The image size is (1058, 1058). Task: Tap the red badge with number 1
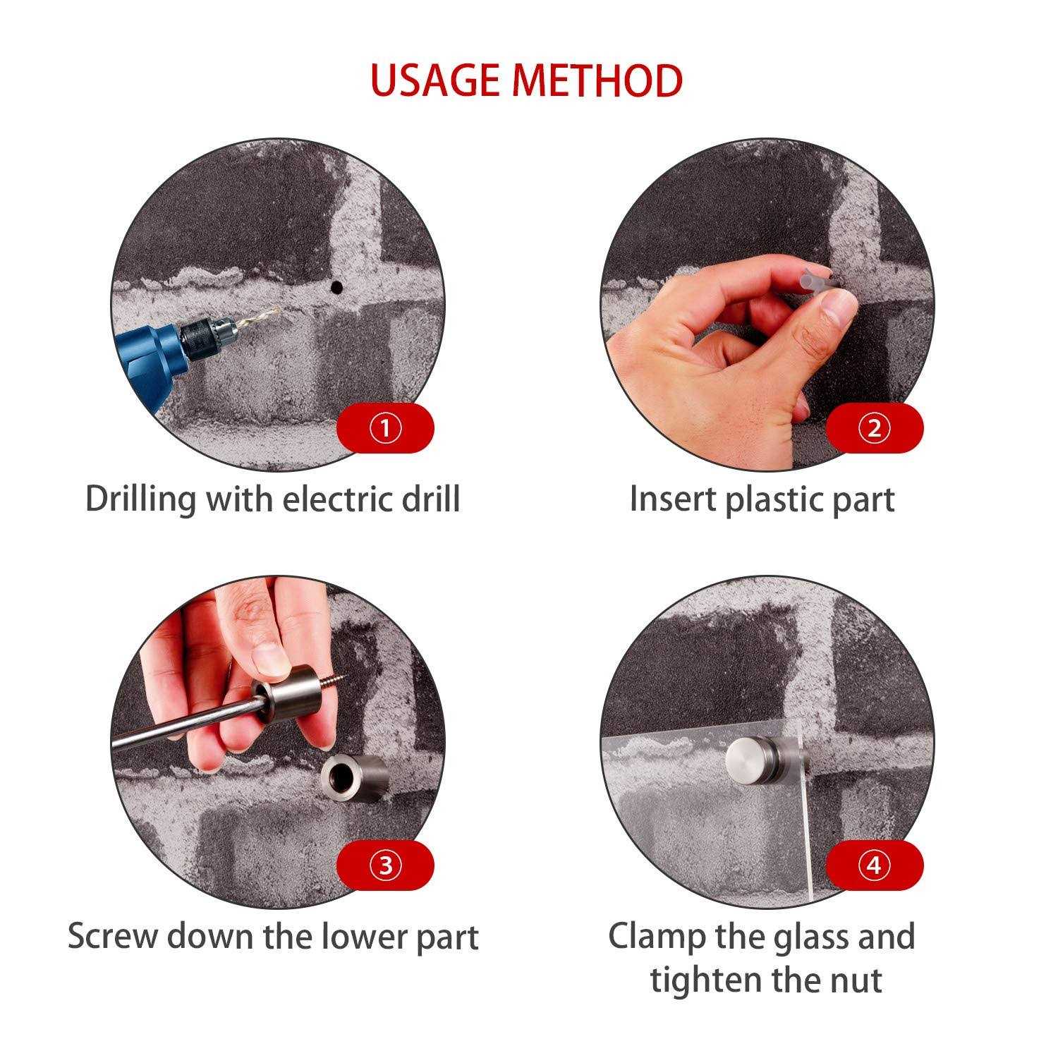385,428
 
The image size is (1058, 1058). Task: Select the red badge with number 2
874,428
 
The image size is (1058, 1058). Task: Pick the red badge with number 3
385,865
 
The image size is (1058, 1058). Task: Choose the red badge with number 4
874,865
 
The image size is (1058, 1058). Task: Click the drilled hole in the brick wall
336,287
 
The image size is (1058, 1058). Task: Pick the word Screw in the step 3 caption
113,937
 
